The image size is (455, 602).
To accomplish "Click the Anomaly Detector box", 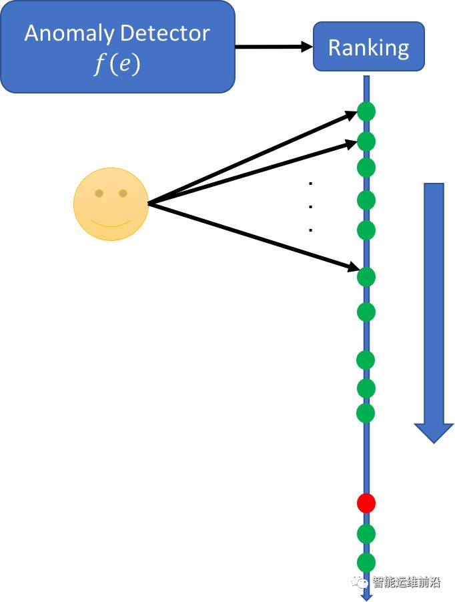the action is pyautogui.click(x=117, y=47).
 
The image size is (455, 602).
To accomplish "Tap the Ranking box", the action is pyautogui.click(x=368, y=47).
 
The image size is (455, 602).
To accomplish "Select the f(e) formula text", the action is pyautogui.click(x=117, y=65).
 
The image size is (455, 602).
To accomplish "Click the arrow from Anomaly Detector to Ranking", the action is pyautogui.click(x=274, y=46).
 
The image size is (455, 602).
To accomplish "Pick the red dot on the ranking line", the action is pyautogui.click(x=366, y=503).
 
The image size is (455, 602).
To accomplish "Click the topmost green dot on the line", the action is pyautogui.click(x=366, y=111).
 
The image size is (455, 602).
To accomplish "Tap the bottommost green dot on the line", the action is pyautogui.click(x=366, y=562).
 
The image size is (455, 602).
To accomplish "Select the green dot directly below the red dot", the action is pyautogui.click(x=366, y=533).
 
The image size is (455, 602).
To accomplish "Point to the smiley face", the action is pyautogui.click(x=111, y=204).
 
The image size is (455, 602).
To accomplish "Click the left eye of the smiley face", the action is pyautogui.click(x=99, y=194).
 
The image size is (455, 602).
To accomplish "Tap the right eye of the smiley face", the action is pyautogui.click(x=123, y=194).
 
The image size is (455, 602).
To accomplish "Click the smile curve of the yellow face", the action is pyautogui.click(x=111, y=223).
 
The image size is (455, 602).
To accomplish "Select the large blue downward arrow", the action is pyautogui.click(x=434, y=307).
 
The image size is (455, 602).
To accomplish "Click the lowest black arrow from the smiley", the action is pyautogui.click(x=254, y=236).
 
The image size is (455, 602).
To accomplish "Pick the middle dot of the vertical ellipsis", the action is pyautogui.click(x=311, y=206).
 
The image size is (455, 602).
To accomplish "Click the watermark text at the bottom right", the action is pyautogui.click(x=405, y=583).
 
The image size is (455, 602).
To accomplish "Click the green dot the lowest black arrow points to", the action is pyautogui.click(x=366, y=276).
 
